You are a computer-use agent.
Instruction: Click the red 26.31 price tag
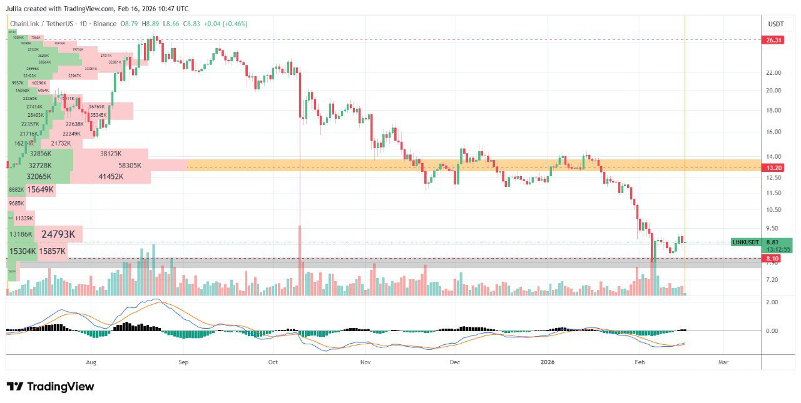(x=773, y=40)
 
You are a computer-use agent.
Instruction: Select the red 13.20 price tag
(x=773, y=168)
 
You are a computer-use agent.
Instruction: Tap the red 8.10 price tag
(x=773, y=258)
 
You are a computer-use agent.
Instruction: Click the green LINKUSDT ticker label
(x=746, y=242)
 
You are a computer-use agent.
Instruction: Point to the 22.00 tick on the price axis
(x=774, y=73)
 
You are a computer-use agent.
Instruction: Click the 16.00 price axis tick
(x=774, y=132)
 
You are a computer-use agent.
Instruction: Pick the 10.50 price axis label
(x=774, y=211)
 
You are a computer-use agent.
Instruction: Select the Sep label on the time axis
(x=183, y=362)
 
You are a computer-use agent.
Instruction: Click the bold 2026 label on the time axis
(x=547, y=362)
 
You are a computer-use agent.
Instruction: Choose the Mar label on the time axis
(x=723, y=362)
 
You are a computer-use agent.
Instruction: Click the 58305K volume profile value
(x=130, y=166)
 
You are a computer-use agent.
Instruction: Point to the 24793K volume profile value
(x=58, y=235)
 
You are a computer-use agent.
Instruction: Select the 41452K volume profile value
(x=111, y=177)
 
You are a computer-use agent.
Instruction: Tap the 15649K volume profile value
(x=40, y=189)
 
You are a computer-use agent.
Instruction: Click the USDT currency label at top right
(x=775, y=24)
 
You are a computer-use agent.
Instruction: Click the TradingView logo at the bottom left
(x=50, y=386)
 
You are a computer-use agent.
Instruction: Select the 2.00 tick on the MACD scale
(x=772, y=302)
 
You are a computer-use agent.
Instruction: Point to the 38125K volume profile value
(x=111, y=154)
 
